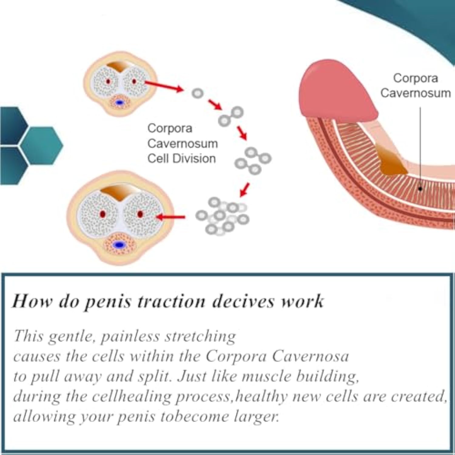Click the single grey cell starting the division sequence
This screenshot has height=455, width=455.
click(x=197, y=93)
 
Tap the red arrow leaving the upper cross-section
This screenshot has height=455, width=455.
click(x=164, y=86)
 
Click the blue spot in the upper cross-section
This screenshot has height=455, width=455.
click(x=120, y=103)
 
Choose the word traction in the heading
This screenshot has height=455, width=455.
click(x=171, y=302)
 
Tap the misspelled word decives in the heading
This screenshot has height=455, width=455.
click(x=243, y=302)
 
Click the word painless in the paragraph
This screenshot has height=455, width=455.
click(x=130, y=336)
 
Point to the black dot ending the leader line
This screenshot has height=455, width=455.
click(x=420, y=189)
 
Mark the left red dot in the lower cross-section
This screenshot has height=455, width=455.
click(x=103, y=214)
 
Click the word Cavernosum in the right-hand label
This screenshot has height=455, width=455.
click(x=416, y=93)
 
